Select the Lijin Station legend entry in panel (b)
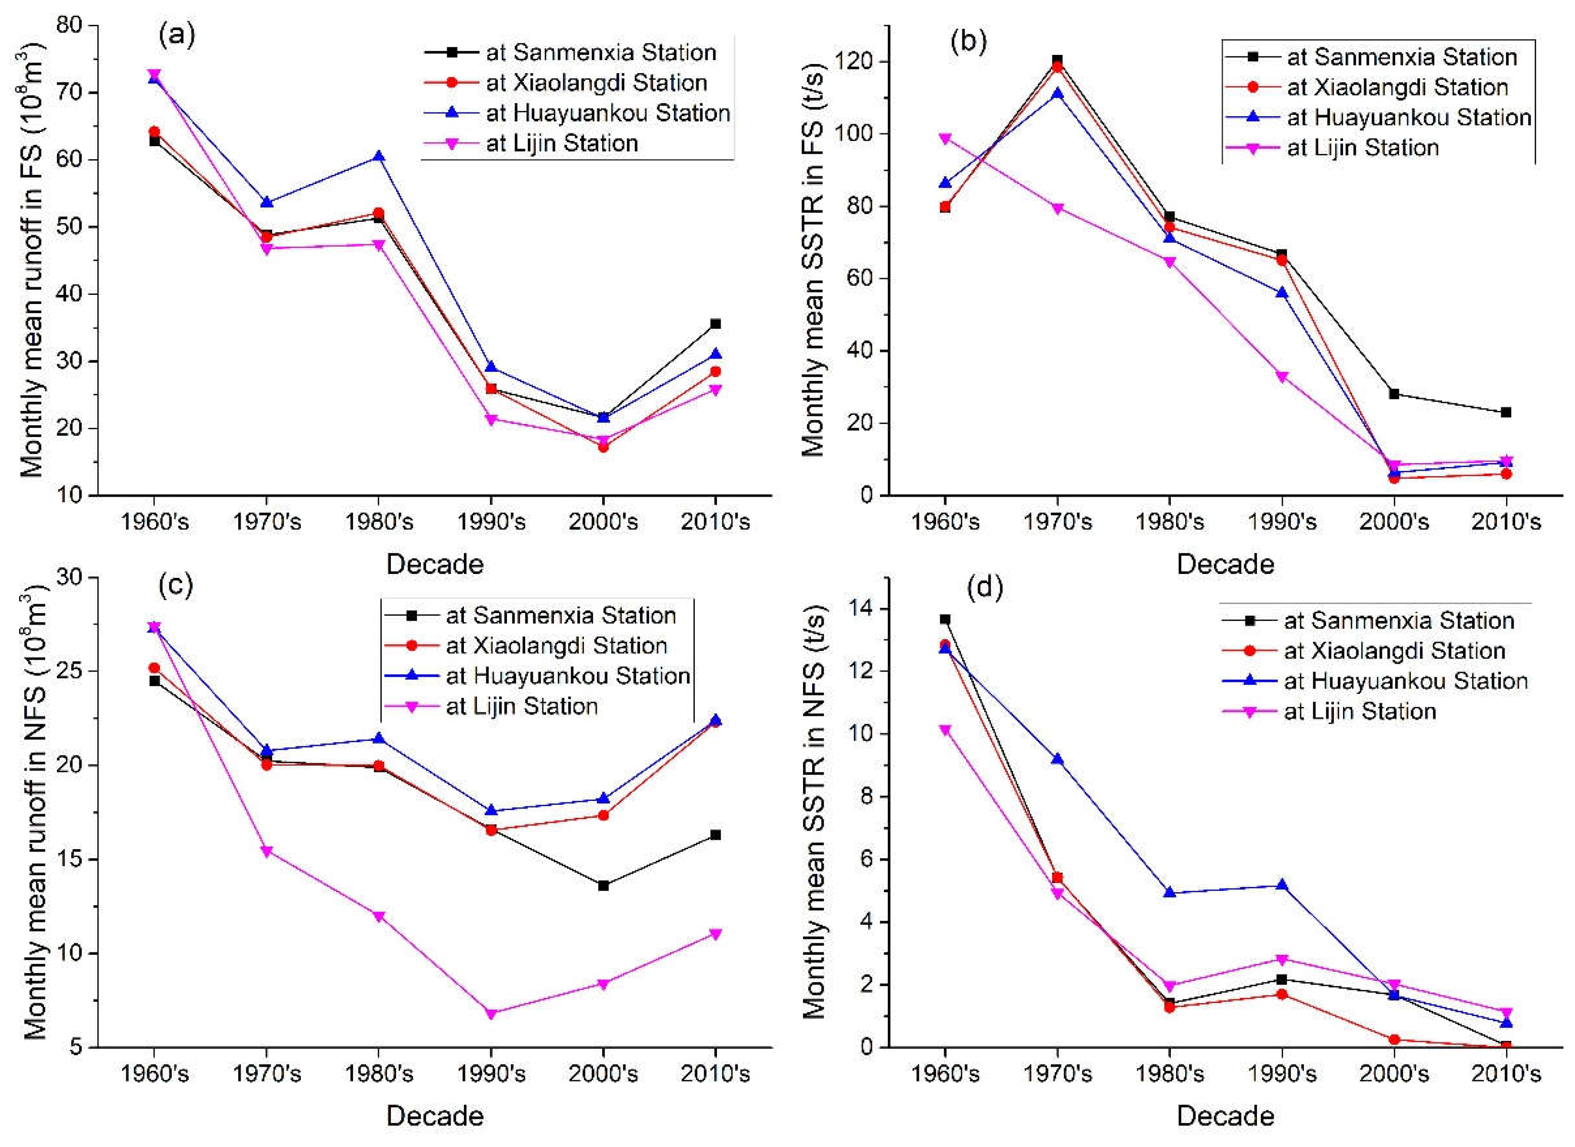pyautogui.click(x=1362, y=147)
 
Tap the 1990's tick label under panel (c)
pyautogui.click(x=491, y=1073)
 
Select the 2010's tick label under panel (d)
pyautogui.click(x=1506, y=1073)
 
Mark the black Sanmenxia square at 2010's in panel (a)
pyautogui.click(x=715, y=324)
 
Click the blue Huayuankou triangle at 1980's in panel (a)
pyautogui.click(x=379, y=156)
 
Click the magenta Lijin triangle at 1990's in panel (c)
pyautogui.click(x=491, y=1014)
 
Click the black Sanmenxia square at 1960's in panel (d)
pyautogui.click(x=945, y=619)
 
